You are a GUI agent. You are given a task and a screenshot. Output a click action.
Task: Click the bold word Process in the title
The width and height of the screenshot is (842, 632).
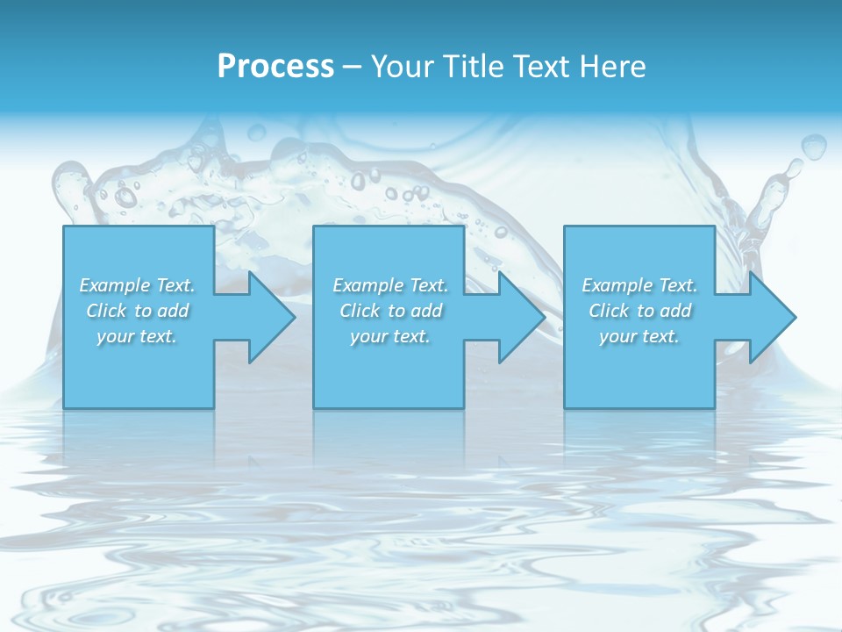[x=275, y=67]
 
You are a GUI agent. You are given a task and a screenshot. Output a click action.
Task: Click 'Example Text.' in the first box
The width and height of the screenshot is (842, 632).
[x=137, y=285]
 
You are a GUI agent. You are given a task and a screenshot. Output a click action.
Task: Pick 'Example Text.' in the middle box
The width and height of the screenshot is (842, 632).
[x=390, y=285]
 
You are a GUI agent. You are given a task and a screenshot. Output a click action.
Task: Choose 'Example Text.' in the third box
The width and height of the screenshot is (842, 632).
[x=639, y=285]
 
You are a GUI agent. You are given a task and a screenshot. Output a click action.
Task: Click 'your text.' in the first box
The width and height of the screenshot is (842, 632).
[x=137, y=336]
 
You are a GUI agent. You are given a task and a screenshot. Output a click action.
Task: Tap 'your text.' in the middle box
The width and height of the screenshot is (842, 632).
[x=390, y=336]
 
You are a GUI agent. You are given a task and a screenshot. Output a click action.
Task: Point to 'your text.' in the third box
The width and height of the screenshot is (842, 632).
[x=639, y=336]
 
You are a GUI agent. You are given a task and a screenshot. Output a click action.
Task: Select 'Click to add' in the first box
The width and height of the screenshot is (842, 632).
[x=137, y=311]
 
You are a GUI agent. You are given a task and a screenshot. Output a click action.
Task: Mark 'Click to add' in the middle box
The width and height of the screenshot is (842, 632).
[x=390, y=311]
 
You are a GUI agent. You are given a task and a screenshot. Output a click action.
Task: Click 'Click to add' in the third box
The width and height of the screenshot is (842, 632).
[x=639, y=311]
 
